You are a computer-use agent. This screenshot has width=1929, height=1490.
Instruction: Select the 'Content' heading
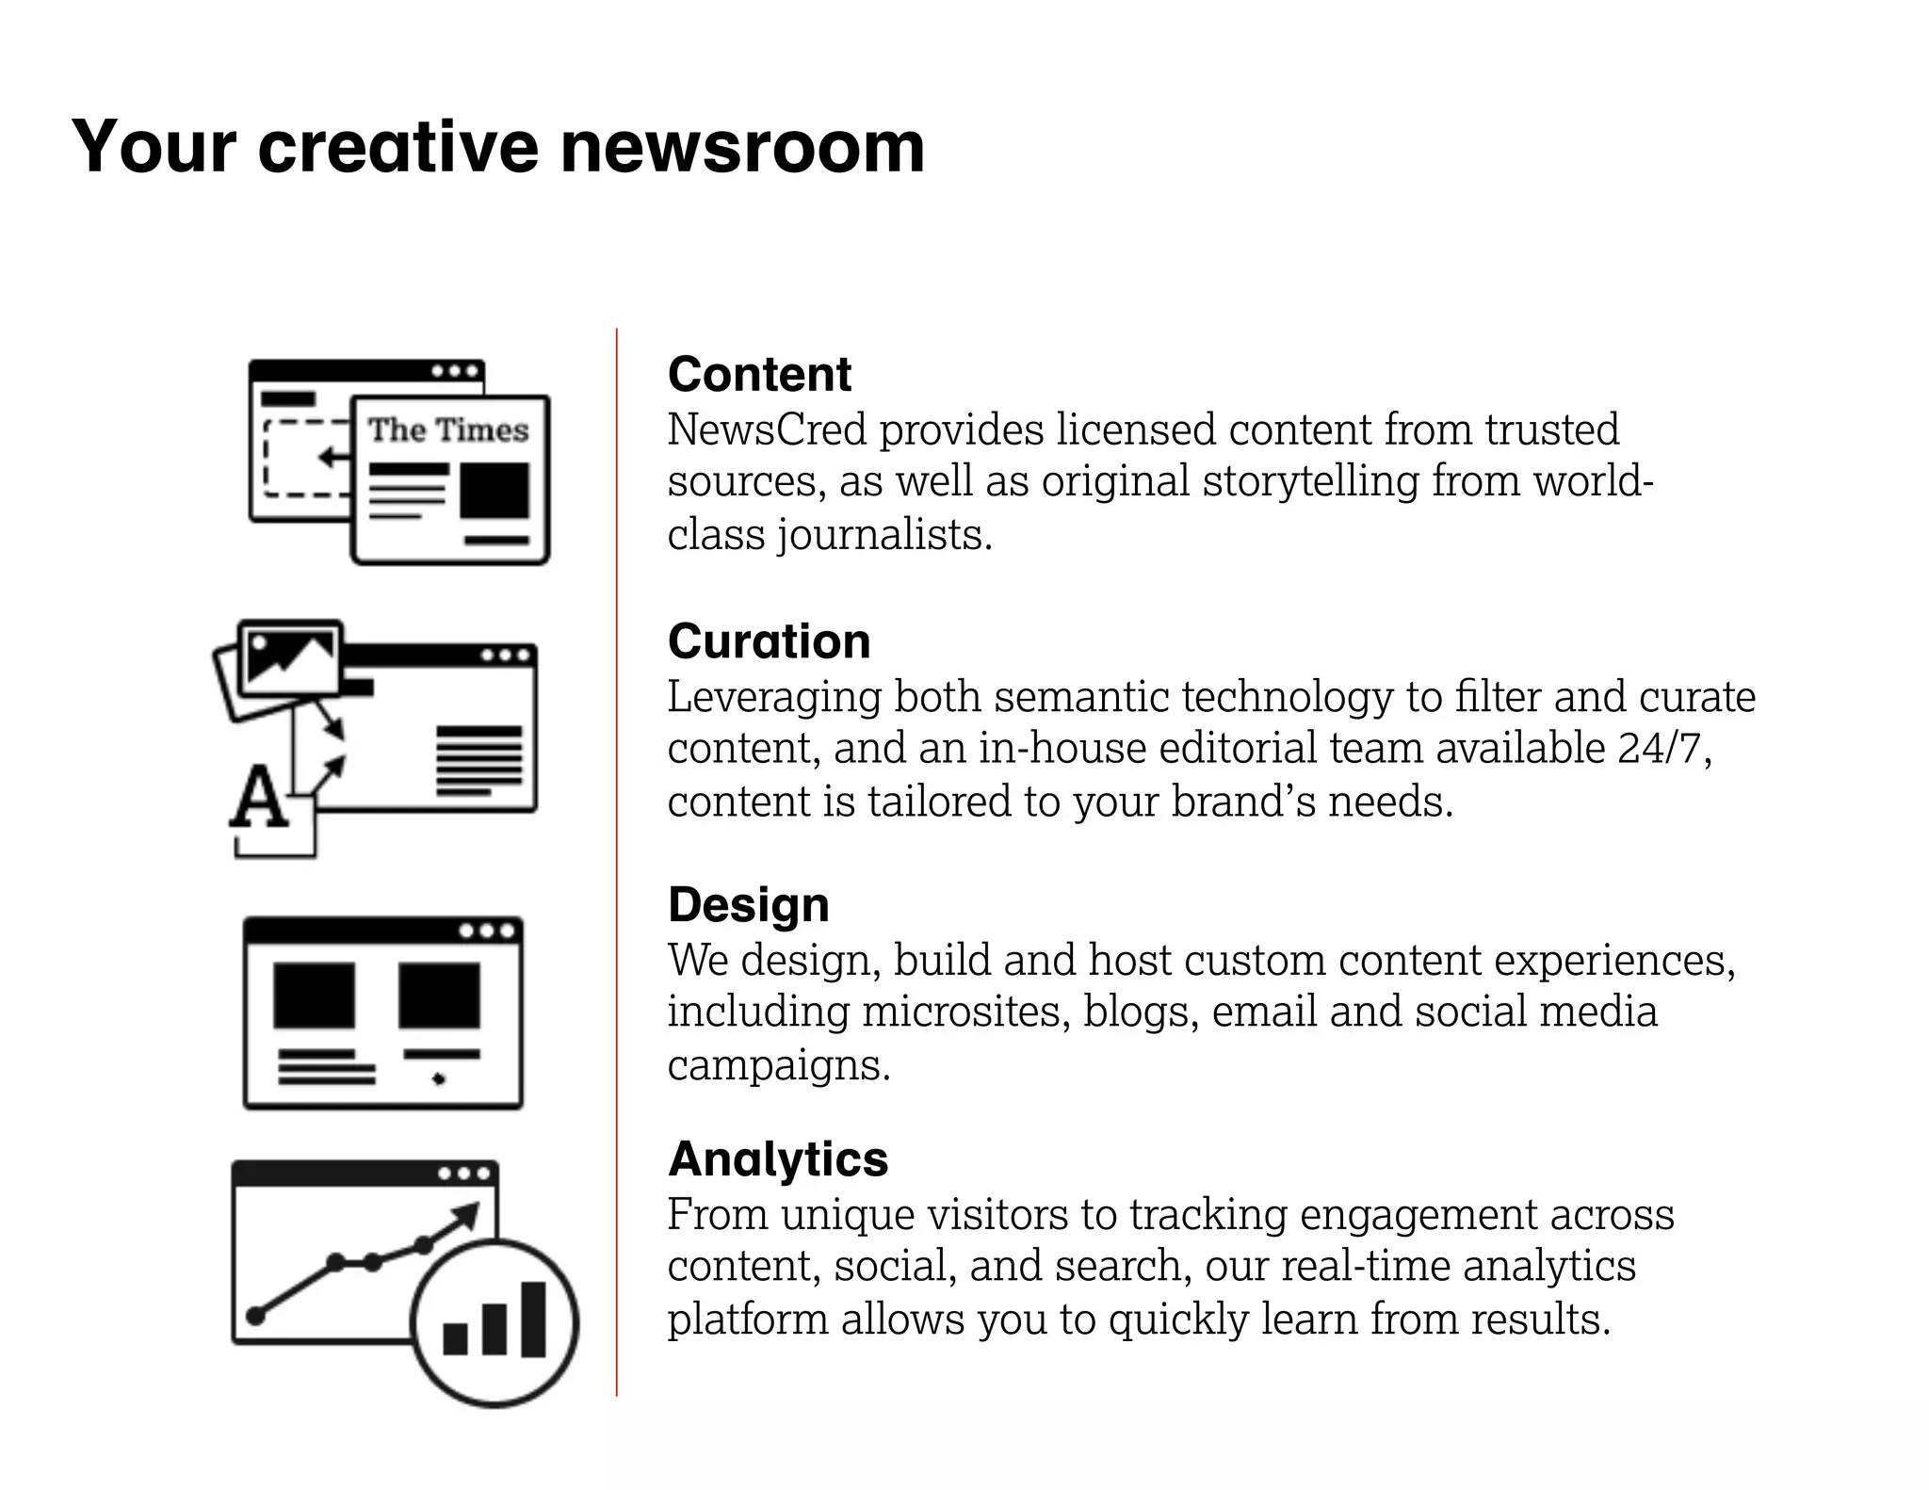[759, 374]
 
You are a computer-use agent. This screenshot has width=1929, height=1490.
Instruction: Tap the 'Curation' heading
[769, 641]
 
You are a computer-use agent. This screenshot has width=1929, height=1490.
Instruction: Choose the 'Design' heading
[749, 905]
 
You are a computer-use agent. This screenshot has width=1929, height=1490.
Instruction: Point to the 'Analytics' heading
[778, 1158]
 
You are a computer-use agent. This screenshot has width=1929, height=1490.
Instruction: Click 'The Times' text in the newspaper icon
[448, 430]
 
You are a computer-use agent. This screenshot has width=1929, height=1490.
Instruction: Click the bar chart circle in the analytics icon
[495, 1322]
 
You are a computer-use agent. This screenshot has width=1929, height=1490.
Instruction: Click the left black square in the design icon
[315, 996]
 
